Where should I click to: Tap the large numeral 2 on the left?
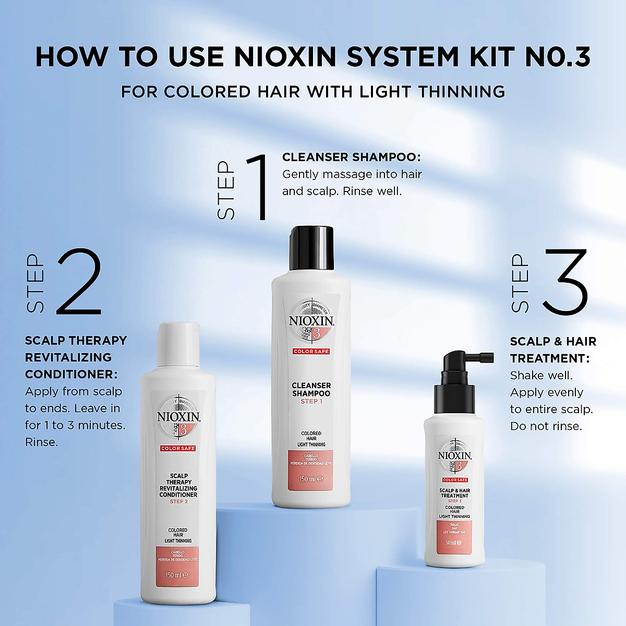point(79,282)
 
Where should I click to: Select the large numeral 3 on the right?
point(565,282)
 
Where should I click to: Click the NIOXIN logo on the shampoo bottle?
point(311,321)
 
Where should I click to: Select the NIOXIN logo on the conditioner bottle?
point(178,417)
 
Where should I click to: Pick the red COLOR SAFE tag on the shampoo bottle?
point(311,352)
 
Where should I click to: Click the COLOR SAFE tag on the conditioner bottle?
point(178,448)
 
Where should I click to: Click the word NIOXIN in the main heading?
point(286,57)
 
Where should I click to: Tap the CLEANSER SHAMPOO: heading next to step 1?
point(351,157)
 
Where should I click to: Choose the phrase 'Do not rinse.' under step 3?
point(546,426)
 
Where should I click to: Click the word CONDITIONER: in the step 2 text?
point(71,375)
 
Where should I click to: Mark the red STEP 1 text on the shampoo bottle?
point(311,401)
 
